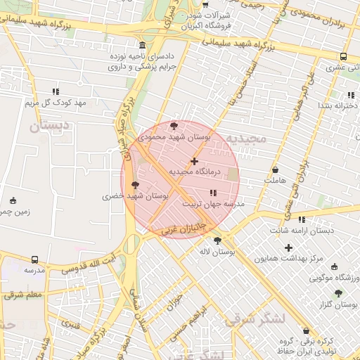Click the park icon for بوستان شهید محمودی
tap(174, 124)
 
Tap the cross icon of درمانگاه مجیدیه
tap(195, 161)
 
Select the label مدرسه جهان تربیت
tap(213, 204)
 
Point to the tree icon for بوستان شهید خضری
tap(136, 184)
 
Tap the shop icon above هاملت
tap(275, 170)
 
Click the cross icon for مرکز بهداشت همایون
tap(288, 247)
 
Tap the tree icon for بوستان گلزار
tap(338, 293)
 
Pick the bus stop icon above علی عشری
tap(343, 56)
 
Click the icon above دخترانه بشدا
tap(350, 95)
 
